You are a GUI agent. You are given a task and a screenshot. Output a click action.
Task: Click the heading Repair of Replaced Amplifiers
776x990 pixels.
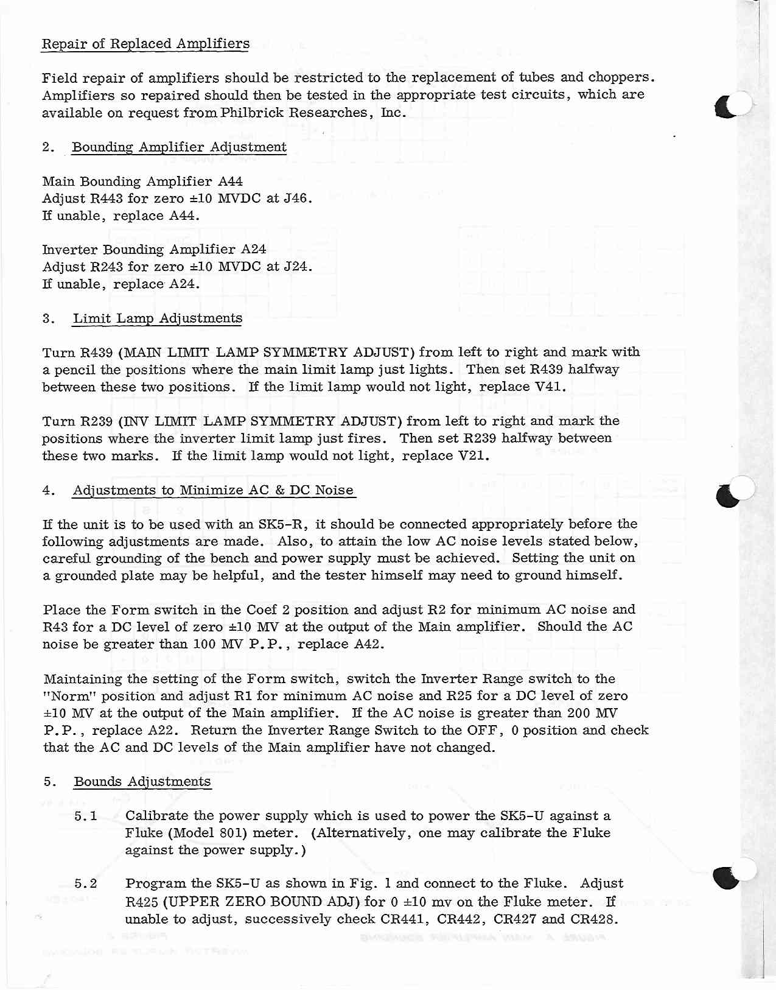(x=145, y=44)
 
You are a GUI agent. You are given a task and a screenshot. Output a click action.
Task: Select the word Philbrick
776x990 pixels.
(x=252, y=113)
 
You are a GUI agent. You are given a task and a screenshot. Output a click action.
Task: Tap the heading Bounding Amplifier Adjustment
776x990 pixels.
(x=179, y=147)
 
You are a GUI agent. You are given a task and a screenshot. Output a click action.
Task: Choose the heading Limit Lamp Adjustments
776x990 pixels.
(x=157, y=318)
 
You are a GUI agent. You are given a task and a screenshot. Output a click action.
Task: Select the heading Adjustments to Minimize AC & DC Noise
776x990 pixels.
(x=213, y=490)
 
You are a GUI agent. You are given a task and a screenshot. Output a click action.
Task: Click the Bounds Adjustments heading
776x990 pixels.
(x=142, y=782)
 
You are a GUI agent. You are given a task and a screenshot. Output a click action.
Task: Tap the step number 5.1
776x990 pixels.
(x=85, y=816)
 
